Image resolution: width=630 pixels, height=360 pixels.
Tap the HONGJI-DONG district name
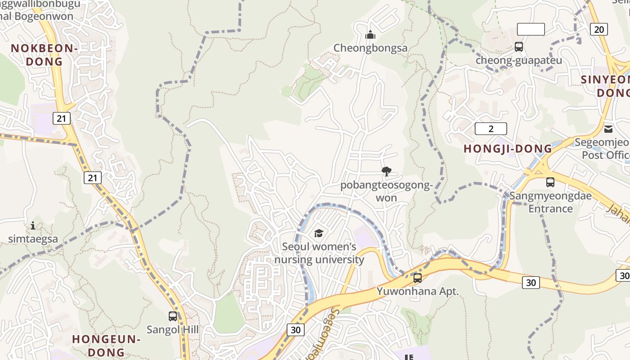[508, 148]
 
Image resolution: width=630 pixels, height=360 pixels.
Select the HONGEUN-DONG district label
[107, 345]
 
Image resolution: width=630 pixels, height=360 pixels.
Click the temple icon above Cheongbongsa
[370, 35]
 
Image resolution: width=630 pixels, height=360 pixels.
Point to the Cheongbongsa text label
[370, 48]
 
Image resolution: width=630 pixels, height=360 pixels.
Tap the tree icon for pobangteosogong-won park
[386, 171]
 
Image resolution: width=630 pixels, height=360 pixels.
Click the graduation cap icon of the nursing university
[319, 233]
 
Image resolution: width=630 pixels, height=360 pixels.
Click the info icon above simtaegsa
[33, 225]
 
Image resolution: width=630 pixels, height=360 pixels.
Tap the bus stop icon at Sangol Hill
[173, 316]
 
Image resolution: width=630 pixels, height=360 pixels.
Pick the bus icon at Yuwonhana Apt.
[418, 278]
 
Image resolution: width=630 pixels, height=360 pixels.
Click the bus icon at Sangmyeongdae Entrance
[550, 182]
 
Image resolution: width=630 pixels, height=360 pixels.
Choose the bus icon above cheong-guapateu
[519, 46]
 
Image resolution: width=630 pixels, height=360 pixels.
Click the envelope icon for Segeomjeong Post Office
[608, 129]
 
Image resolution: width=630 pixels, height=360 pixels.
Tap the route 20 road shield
[598, 29]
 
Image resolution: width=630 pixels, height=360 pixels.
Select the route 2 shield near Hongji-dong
[490, 129]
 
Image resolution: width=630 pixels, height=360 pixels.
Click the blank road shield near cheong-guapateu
[531, 29]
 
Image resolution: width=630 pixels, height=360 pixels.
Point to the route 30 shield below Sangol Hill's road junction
[295, 329]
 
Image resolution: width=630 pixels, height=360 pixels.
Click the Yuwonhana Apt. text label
[418, 291]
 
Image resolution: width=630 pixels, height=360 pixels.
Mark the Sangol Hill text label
[173, 329]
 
